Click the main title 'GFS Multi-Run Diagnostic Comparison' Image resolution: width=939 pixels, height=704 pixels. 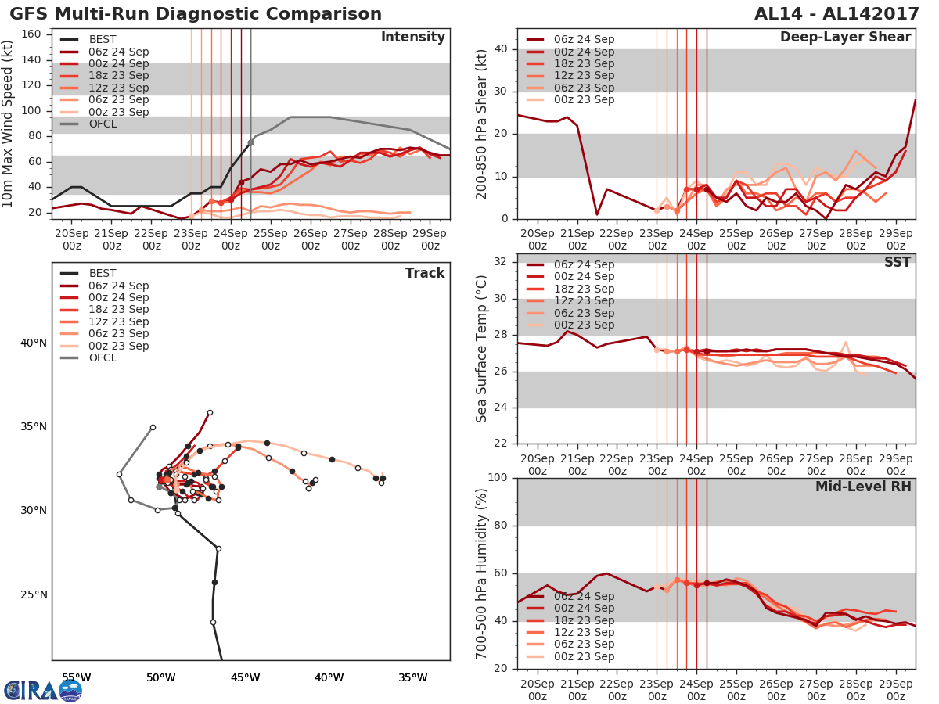click(x=196, y=14)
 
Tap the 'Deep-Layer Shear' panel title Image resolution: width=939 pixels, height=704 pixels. click(x=845, y=38)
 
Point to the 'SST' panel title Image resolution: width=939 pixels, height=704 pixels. click(x=897, y=262)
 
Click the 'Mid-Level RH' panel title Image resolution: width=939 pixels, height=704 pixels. click(x=863, y=487)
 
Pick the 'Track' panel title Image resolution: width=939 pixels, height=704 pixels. click(x=425, y=273)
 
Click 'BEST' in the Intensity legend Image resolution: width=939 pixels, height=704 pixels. click(x=103, y=40)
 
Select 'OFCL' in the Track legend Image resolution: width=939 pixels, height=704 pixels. click(x=103, y=358)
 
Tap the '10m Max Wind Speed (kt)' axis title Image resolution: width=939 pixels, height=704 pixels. click(x=9, y=124)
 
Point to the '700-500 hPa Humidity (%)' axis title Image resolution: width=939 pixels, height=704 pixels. click(x=482, y=573)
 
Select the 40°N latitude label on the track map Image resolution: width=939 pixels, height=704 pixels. click(x=34, y=343)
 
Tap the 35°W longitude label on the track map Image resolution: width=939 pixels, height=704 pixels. click(x=413, y=677)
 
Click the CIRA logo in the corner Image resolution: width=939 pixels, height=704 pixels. click(x=43, y=690)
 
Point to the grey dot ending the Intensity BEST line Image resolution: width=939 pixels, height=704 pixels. click(x=250, y=142)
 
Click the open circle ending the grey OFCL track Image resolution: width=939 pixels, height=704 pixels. click(x=153, y=427)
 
